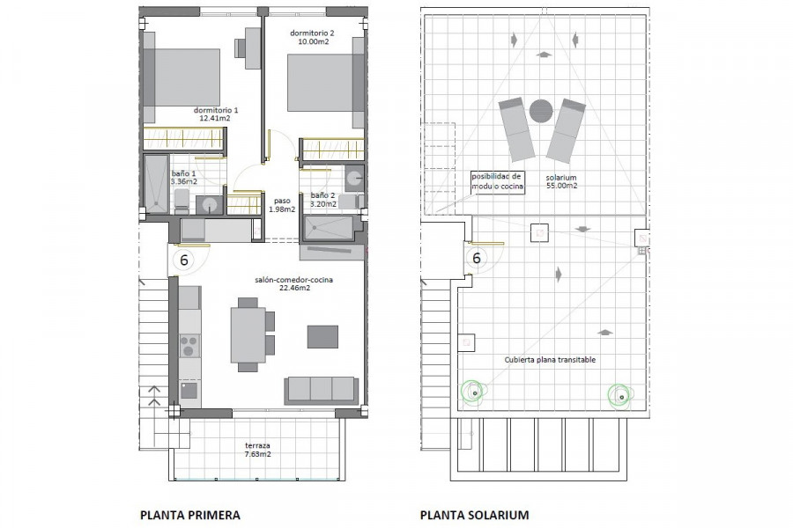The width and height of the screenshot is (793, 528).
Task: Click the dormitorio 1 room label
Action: point(216,114)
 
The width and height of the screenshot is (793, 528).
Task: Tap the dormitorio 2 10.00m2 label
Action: point(312,37)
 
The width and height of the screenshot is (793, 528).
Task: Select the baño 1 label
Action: point(183,178)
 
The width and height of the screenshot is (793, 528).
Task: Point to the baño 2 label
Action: point(322,200)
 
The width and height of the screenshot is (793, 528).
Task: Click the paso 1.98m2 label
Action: point(282,205)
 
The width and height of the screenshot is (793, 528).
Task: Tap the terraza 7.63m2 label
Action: point(257,450)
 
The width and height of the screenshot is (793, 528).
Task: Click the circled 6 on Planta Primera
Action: point(183,260)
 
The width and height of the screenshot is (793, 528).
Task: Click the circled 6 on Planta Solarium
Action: point(477,258)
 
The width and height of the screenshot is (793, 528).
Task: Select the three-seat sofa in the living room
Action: point(322,390)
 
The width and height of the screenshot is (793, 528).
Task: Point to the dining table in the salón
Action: point(248,335)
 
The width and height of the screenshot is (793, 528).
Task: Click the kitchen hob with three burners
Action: point(189,346)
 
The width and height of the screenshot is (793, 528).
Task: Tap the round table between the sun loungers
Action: point(541,111)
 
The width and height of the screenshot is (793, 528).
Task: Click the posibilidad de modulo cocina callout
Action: point(497,181)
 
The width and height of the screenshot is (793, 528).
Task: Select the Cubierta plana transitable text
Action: point(550,360)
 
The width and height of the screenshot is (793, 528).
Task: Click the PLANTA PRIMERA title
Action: point(190,515)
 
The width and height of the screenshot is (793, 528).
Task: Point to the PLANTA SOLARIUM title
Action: point(474,515)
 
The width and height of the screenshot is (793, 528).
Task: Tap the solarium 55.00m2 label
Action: point(561,181)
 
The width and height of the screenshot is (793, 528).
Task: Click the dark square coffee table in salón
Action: point(322,336)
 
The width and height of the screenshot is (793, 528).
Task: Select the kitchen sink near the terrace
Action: point(189,391)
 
